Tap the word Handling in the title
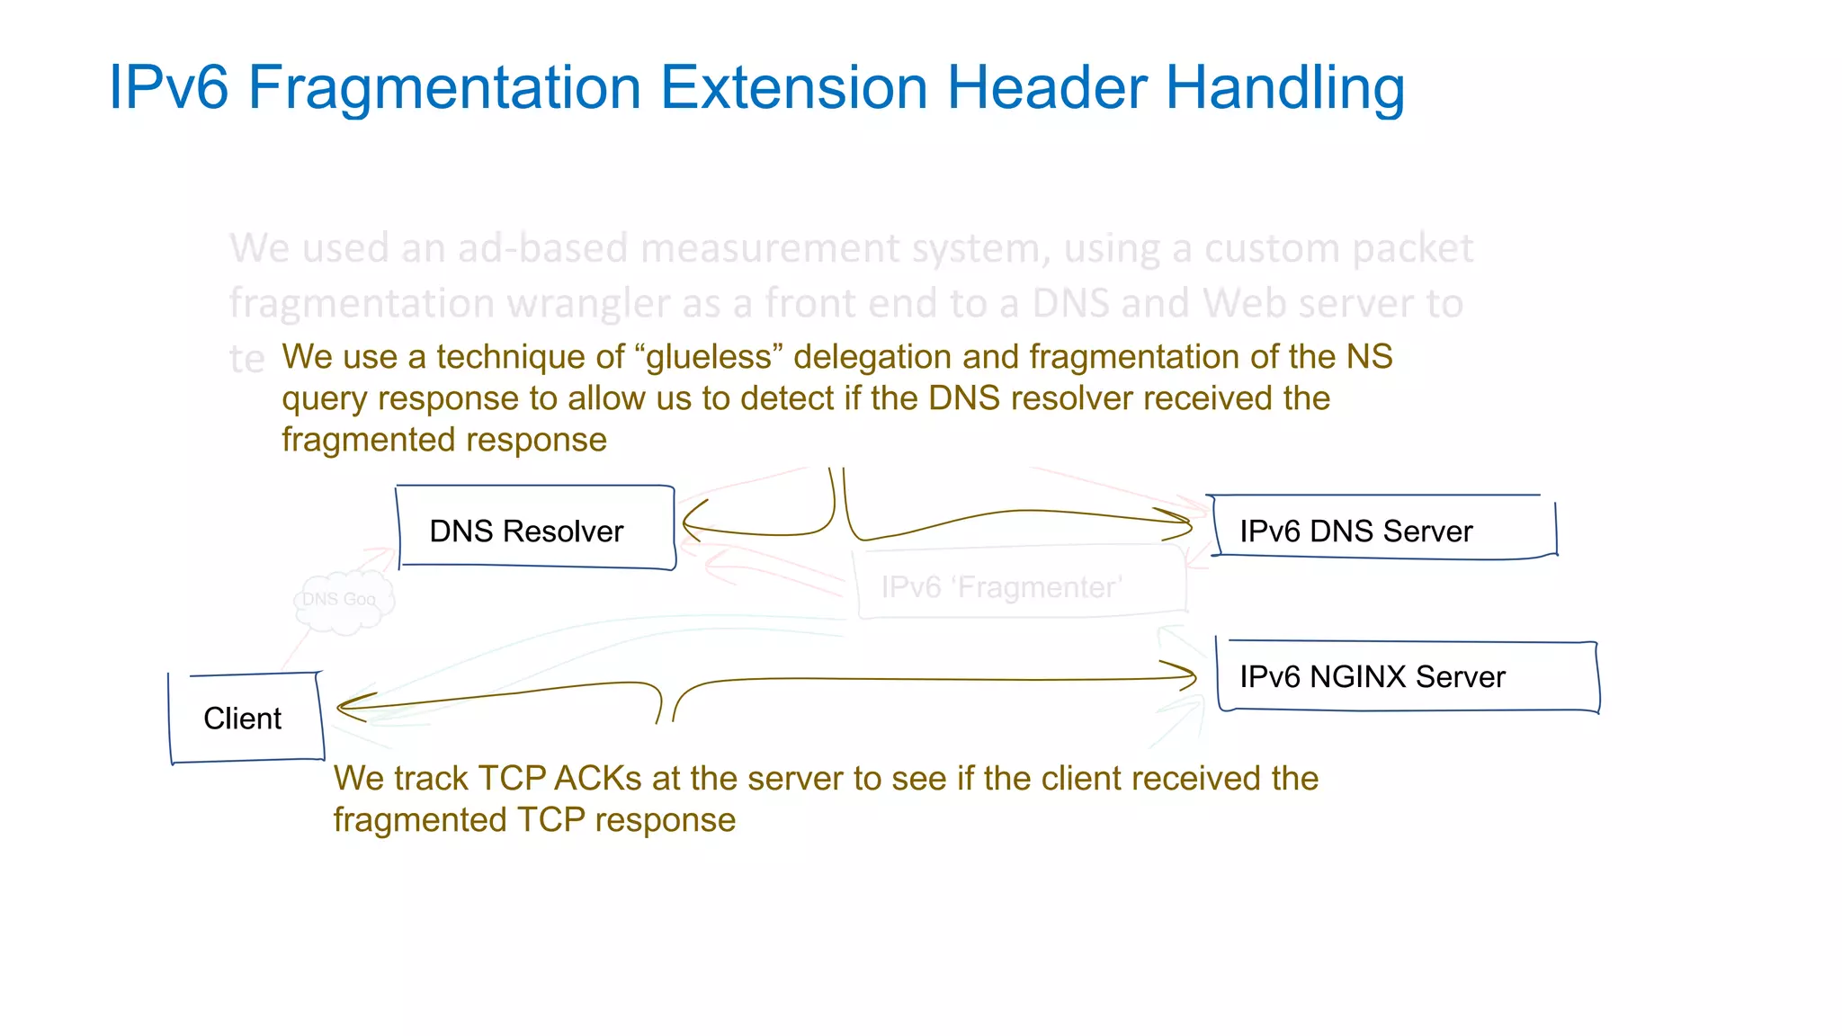point(1285,88)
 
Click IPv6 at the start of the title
point(168,88)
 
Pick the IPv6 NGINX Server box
point(1407,676)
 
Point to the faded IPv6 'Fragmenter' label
point(1001,587)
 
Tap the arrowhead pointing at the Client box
point(349,708)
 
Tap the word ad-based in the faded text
point(541,248)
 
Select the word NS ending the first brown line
point(1368,357)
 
